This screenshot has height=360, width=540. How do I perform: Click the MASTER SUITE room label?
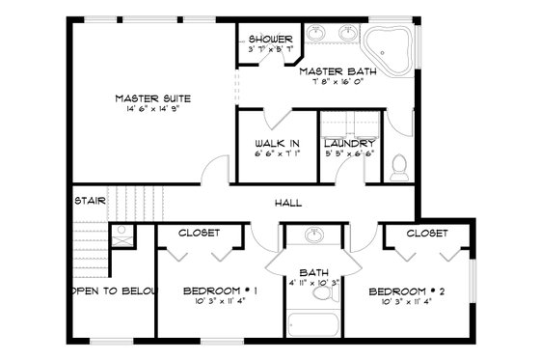click(152, 98)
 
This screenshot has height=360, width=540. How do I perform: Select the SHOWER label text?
click(269, 39)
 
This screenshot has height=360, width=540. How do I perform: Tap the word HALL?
click(288, 203)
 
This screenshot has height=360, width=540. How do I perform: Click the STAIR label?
click(89, 201)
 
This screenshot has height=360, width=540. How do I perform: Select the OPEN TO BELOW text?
click(111, 290)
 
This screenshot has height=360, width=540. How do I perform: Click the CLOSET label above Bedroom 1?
click(201, 233)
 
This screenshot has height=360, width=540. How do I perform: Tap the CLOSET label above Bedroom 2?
click(425, 233)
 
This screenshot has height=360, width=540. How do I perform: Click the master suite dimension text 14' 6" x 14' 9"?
click(152, 109)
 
